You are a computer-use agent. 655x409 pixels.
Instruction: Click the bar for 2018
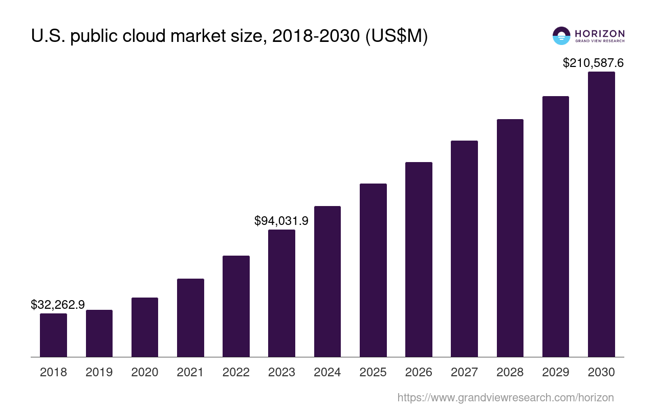pyautogui.click(x=53, y=335)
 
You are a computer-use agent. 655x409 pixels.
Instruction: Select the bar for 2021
pyautogui.click(x=190, y=317)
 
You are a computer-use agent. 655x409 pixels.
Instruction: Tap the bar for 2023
pyautogui.click(x=281, y=293)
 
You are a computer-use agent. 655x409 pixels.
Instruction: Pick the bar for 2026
pyautogui.click(x=419, y=259)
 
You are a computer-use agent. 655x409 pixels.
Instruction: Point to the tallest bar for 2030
pyautogui.click(x=601, y=214)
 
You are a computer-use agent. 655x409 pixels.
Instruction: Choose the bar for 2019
pyautogui.click(x=99, y=333)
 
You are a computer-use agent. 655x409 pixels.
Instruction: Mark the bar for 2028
pyautogui.click(x=510, y=238)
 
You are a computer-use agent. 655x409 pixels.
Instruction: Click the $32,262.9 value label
pyautogui.click(x=58, y=305)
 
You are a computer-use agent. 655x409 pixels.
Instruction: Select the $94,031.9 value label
pyautogui.click(x=281, y=221)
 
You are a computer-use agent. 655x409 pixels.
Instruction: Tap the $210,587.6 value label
pyautogui.click(x=593, y=63)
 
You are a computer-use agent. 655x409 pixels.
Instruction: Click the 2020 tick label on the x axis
pyautogui.click(x=145, y=372)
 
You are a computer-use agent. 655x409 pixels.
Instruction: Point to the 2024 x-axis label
pyautogui.click(x=327, y=372)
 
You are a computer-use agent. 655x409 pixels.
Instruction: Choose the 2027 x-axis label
pyautogui.click(x=464, y=372)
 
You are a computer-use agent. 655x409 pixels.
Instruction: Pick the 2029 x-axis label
pyautogui.click(x=556, y=372)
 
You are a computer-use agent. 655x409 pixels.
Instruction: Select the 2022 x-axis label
pyautogui.click(x=236, y=372)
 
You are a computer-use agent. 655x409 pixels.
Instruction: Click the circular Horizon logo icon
pyautogui.click(x=561, y=36)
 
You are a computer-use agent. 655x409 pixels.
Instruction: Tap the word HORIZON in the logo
pyautogui.click(x=600, y=33)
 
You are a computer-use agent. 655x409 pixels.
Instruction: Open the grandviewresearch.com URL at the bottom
pyautogui.click(x=506, y=397)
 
